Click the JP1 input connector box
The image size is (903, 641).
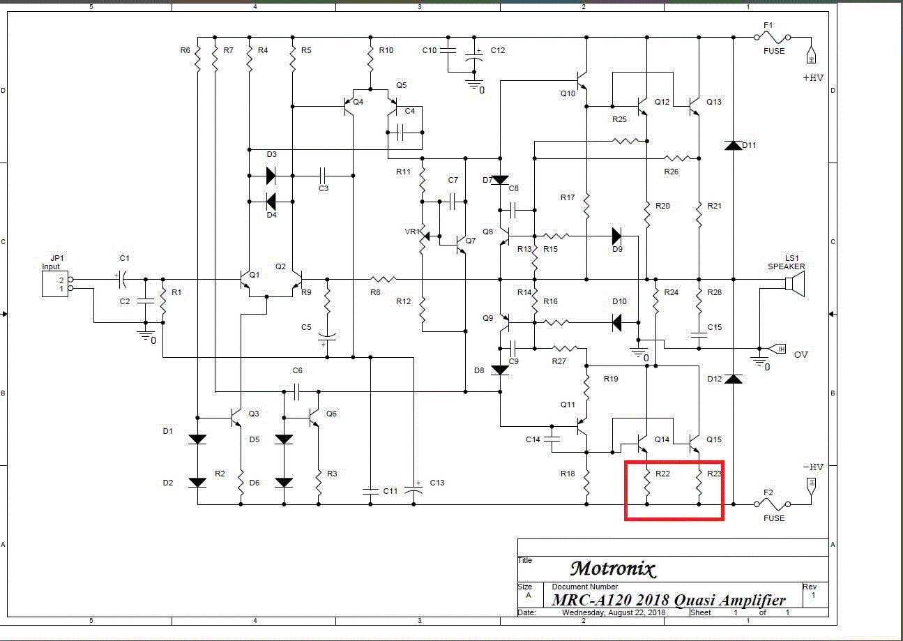pyautogui.click(x=55, y=284)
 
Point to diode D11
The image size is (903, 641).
pyautogui.click(x=732, y=145)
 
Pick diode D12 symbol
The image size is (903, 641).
pyautogui.click(x=732, y=379)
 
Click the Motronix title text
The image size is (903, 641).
pyautogui.click(x=613, y=568)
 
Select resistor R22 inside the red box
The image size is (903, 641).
pyautogui.click(x=647, y=483)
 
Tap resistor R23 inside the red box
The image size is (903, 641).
pyautogui.click(x=699, y=483)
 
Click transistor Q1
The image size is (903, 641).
pyautogui.click(x=245, y=279)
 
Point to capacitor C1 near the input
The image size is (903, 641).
pyautogui.click(x=121, y=280)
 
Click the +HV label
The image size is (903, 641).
pyautogui.click(x=813, y=78)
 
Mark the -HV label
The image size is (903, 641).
pyautogui.click(x=813, y=467)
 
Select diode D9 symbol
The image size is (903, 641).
pyautogui.click(x=617, y=235)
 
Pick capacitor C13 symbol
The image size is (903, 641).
pyautogui.click(x=414, y=491)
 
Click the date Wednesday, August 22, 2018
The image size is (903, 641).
pyautogui.click(x=614, y=612)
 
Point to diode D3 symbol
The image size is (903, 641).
pyautogui.click(x=271, y=175)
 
